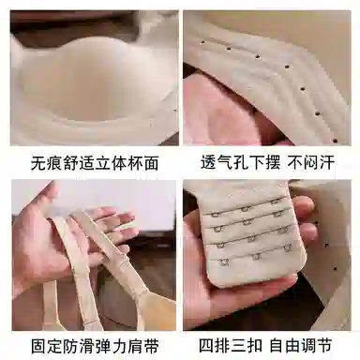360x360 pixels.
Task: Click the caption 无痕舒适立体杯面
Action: point(90,163)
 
